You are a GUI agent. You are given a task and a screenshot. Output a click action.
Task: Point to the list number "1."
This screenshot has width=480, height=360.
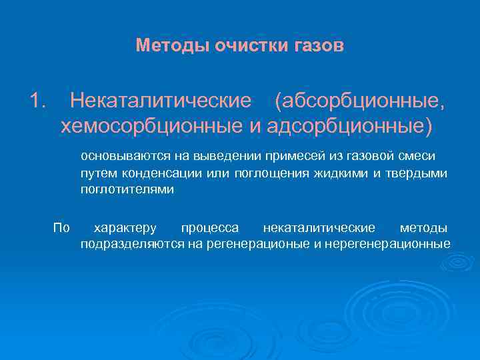(x=38, y=101)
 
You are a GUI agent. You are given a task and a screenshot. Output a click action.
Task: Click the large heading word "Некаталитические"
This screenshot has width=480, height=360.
(x=161, y=101)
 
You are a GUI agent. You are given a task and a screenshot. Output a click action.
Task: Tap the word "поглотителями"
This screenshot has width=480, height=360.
(x=127, y=189)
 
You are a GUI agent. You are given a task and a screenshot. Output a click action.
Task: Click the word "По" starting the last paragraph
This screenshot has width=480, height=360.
(x=61, y=228)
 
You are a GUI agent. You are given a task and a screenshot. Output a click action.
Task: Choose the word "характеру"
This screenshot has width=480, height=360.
(x=126, y=228)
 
